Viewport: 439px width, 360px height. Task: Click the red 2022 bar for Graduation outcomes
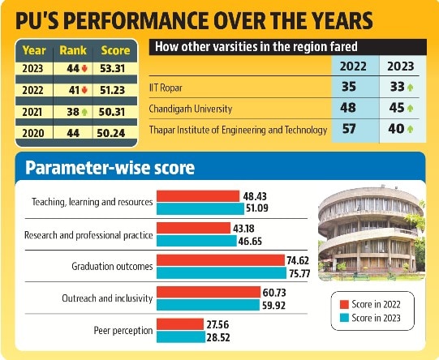[221, 260]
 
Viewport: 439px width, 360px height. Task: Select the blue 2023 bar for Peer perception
[181, 337]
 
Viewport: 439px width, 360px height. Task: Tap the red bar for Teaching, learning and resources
[198, 196]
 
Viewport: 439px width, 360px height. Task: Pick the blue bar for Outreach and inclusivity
[208, 305]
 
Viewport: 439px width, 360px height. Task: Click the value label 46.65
[250, 241]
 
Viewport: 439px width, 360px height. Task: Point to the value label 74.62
[298, 260]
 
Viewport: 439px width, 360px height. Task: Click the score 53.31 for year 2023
[112, 69]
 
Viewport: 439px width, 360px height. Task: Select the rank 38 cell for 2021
[73, 112]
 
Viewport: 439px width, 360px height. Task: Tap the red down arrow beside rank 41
[84, 90]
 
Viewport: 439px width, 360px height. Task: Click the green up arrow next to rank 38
[84, 112]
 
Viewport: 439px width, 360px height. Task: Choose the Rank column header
[73, 50]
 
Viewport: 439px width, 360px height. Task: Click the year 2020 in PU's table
[33, 133]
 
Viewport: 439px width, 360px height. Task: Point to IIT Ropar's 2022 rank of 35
[349, 87]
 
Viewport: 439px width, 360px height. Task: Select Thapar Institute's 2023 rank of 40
[396, 129]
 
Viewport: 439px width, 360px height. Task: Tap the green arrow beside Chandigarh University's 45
[410, 109]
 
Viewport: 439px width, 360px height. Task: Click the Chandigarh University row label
[191, 109]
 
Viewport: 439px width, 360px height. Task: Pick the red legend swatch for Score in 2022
[344, 304]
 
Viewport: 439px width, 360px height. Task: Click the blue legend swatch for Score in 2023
[344, 318]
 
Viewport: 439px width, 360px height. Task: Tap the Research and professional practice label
[88, 235]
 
